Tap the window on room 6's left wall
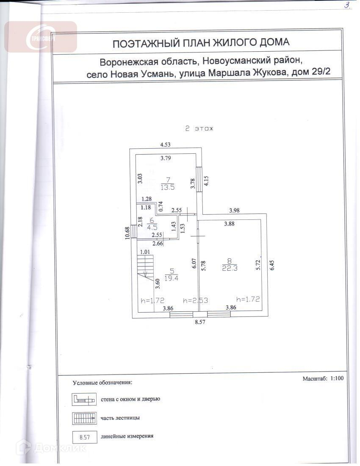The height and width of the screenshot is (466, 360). [x=133, y=231]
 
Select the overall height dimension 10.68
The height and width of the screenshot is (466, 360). [x=127, y=233]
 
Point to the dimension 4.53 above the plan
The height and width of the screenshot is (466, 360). [x=165, y=145]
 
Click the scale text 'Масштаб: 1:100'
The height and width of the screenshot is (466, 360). [x=323, y=378]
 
